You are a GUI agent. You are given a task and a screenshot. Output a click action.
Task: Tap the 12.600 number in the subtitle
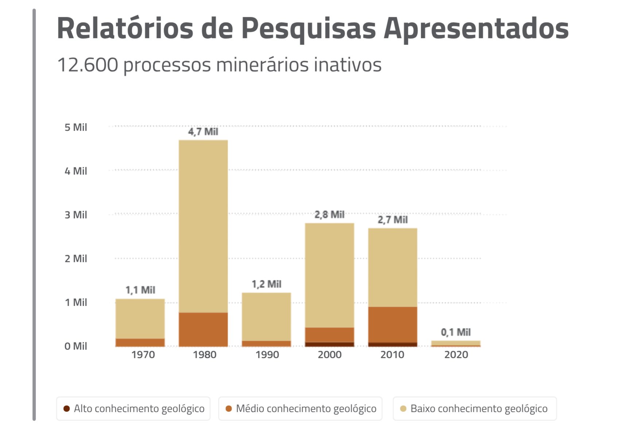(x=88, y=65)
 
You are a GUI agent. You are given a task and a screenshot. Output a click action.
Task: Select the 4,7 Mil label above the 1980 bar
(x=203, y=132)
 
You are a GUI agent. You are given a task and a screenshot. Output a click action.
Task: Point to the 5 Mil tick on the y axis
(x=76, y=127)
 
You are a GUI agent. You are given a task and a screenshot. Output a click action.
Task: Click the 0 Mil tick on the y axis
(x=76, y=346)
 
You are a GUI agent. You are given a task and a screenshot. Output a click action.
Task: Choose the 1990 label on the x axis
(x=267, y=354)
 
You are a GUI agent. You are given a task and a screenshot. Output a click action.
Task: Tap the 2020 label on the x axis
(x=456, y=354)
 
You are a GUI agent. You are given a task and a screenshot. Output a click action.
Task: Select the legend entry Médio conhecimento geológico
(x=301, y=408)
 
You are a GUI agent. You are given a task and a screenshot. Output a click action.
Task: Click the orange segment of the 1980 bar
(x=203, y=329)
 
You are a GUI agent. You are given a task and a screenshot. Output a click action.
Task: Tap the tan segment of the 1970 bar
(x=140, y=319)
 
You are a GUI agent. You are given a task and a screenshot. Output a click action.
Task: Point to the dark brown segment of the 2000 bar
(x=330, y=344)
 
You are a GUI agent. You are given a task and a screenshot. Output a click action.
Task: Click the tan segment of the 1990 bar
(x=267, y=317)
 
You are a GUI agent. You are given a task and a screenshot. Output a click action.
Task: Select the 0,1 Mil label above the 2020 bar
(x=456, y=332)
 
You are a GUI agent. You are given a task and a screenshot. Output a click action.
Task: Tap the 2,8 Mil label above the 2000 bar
(x=330, y=214)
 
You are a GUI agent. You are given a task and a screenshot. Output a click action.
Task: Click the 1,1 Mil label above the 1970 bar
(x=140, y=290)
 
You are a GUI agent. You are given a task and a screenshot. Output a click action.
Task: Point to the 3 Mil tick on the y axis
(x=76, y=215)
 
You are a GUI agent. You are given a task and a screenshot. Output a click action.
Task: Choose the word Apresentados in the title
(x=476, y=28)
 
